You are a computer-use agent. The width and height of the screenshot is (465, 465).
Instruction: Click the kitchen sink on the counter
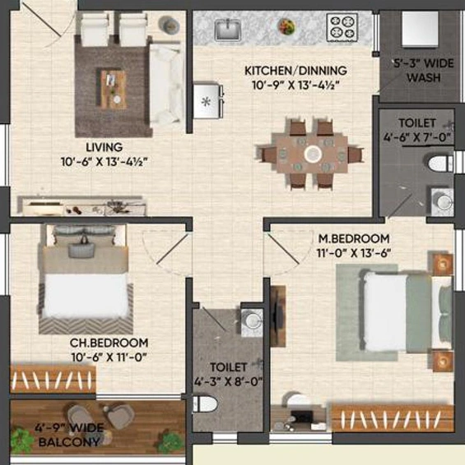(228, 29)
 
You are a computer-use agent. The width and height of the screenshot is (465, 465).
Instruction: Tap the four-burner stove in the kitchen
(342, 27)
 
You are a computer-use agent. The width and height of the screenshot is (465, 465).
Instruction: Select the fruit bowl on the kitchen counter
(287, 26)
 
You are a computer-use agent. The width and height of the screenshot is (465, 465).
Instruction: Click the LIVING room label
(105, 147)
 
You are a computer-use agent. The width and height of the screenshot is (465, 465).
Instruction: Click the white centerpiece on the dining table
(313, 154)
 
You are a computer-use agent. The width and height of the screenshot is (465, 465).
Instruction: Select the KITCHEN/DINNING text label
(295, 71)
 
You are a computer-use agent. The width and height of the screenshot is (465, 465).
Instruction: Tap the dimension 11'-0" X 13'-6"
(353, 253)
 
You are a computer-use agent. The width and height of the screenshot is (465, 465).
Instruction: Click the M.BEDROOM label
(354, 238)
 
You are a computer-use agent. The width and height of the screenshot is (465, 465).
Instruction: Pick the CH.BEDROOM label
(109, 343)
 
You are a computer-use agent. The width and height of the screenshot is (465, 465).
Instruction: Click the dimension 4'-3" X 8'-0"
(228, 382)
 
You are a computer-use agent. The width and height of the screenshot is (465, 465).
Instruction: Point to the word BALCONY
(69, 443)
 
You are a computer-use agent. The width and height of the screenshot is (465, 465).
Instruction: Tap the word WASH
(423, 78)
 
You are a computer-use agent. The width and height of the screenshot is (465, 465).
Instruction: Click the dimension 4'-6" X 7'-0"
(417, 137)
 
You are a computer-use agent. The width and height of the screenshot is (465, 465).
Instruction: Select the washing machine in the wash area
(420, 29)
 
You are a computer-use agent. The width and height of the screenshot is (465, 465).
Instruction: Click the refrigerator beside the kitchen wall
(208, 100)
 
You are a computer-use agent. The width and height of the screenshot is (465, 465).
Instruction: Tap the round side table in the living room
(169, 25)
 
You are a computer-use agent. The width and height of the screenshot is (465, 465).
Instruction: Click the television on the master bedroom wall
(277, 316)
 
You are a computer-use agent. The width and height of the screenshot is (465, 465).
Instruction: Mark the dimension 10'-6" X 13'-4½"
(105, 162)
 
